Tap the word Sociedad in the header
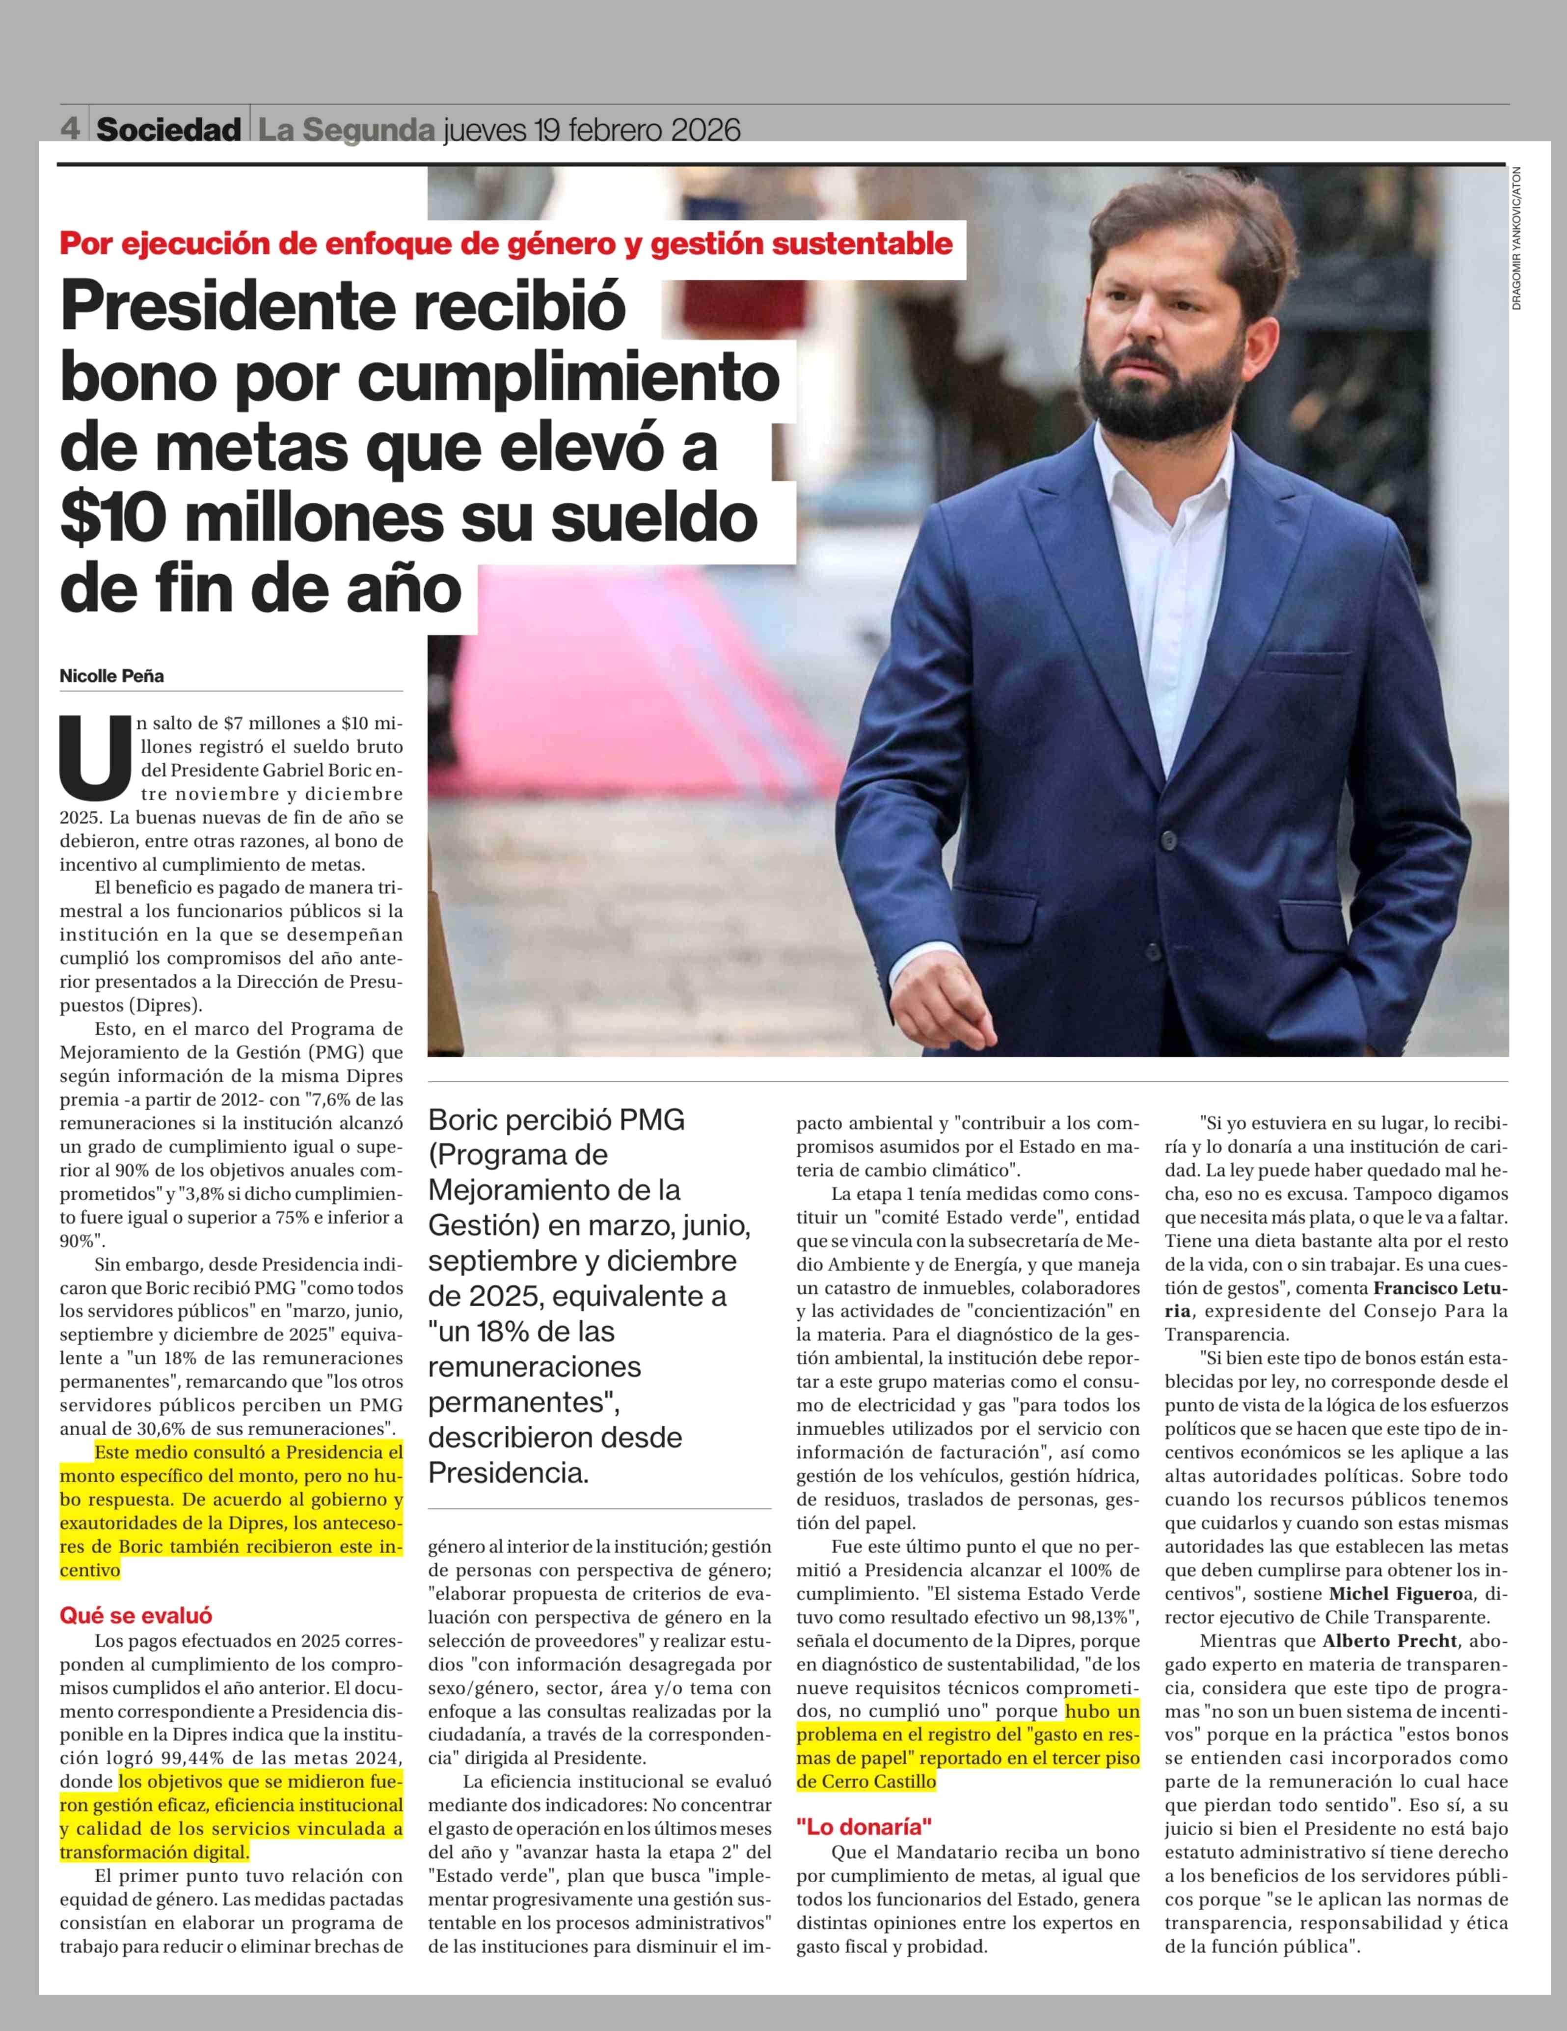tap(168, 129)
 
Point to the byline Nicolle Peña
tap(111, 676)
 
